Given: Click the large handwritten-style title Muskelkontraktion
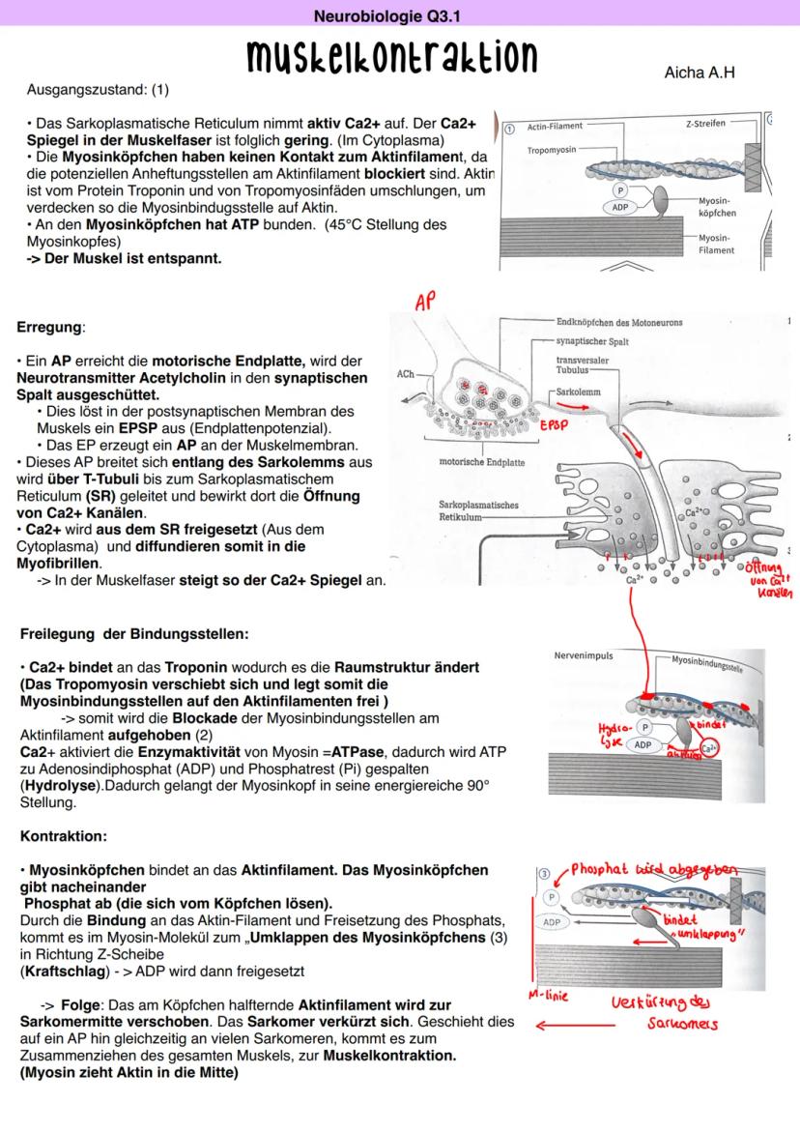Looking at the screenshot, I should pos(392,57).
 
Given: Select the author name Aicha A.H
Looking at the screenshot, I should pos(700,73).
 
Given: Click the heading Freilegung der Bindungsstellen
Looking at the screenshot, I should pos(134,634).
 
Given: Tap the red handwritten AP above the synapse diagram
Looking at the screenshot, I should pos(424,303).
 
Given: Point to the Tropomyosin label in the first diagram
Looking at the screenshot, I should pos(552,151).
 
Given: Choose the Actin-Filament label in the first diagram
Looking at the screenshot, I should pos(555,127).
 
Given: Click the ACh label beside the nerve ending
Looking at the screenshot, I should pos(407,371).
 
